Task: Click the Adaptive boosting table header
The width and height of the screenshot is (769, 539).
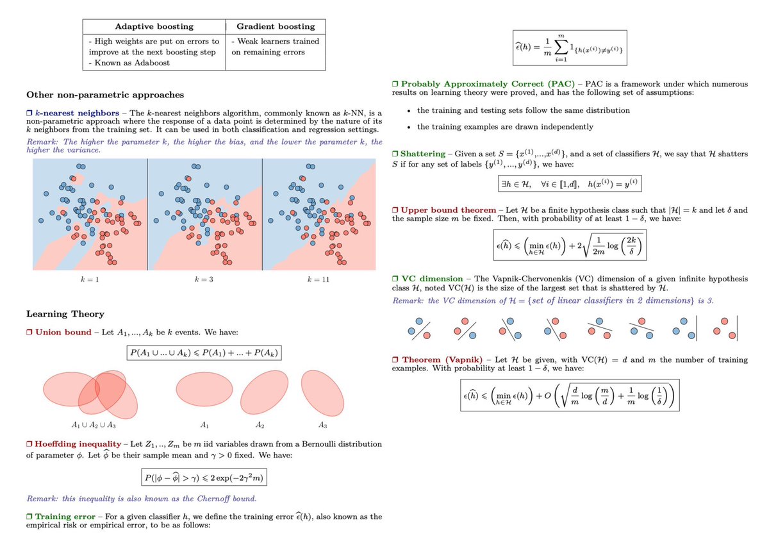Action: tap(153, 26)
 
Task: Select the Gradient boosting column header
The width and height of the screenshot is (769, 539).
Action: tap(276, 26)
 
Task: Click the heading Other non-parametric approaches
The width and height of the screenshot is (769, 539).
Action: tap(105, 95)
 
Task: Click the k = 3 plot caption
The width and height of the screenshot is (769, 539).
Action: tap(204, 281)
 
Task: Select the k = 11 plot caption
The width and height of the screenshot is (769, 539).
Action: tap(320, 281)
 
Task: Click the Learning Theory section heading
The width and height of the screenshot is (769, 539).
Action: tap(65, 314)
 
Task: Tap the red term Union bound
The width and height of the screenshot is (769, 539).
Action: tap(63, 333)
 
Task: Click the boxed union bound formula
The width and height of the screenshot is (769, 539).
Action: tap(203, 353)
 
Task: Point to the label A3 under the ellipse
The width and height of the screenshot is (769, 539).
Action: tap(322, 425)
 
